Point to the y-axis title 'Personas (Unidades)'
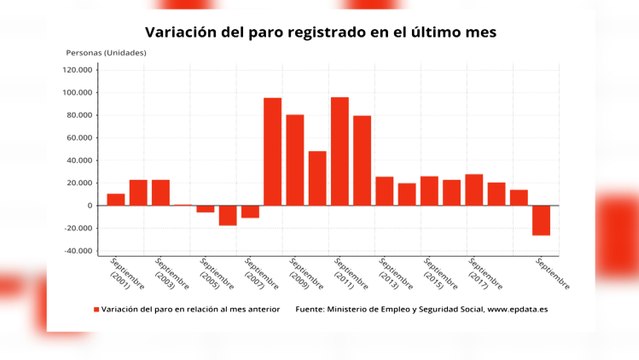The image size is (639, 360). point(106,52)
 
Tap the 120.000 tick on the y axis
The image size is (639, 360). point(77,70)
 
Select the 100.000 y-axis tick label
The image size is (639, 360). point(77,93)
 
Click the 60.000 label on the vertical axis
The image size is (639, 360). point(79,138)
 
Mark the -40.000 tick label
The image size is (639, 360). point(77,251)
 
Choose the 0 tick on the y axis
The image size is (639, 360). point(90,206)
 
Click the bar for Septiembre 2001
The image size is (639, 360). point(116,199)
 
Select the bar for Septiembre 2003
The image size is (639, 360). point(160,193)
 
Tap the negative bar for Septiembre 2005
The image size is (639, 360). point(205,209)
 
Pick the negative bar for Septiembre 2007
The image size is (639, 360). point(250,211)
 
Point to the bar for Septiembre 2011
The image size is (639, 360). point(340,151)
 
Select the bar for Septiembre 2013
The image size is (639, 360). point(384,191)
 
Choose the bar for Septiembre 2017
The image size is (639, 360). point(474,190)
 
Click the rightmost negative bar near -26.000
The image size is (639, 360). point(541,220)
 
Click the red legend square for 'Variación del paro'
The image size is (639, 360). point(97,310)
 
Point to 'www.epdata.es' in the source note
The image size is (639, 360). point(517,310)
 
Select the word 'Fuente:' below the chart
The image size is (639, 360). point(312,310)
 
